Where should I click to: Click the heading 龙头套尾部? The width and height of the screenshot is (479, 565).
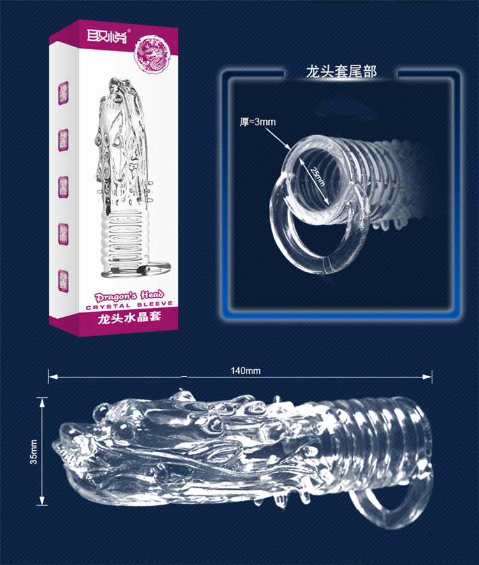(x=342, y=71)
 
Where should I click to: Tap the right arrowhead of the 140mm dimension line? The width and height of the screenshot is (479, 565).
(x=430, y=376)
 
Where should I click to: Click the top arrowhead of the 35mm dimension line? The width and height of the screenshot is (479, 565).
(x=43, y=400)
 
